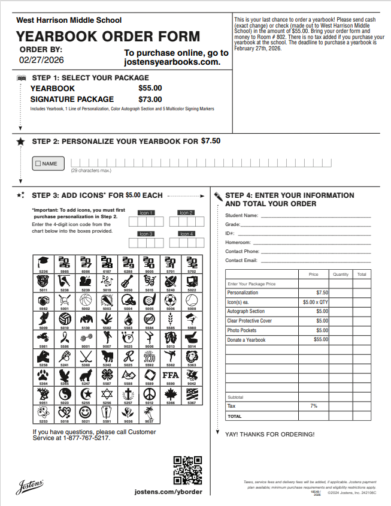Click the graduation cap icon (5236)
43,263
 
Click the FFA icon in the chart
171,376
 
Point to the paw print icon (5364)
43,376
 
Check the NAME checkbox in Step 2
38,163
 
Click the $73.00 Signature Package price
150,99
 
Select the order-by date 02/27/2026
41,60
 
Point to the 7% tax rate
314,406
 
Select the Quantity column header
341,275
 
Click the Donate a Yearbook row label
246,340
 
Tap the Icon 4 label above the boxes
186,234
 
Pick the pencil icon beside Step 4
218,196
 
